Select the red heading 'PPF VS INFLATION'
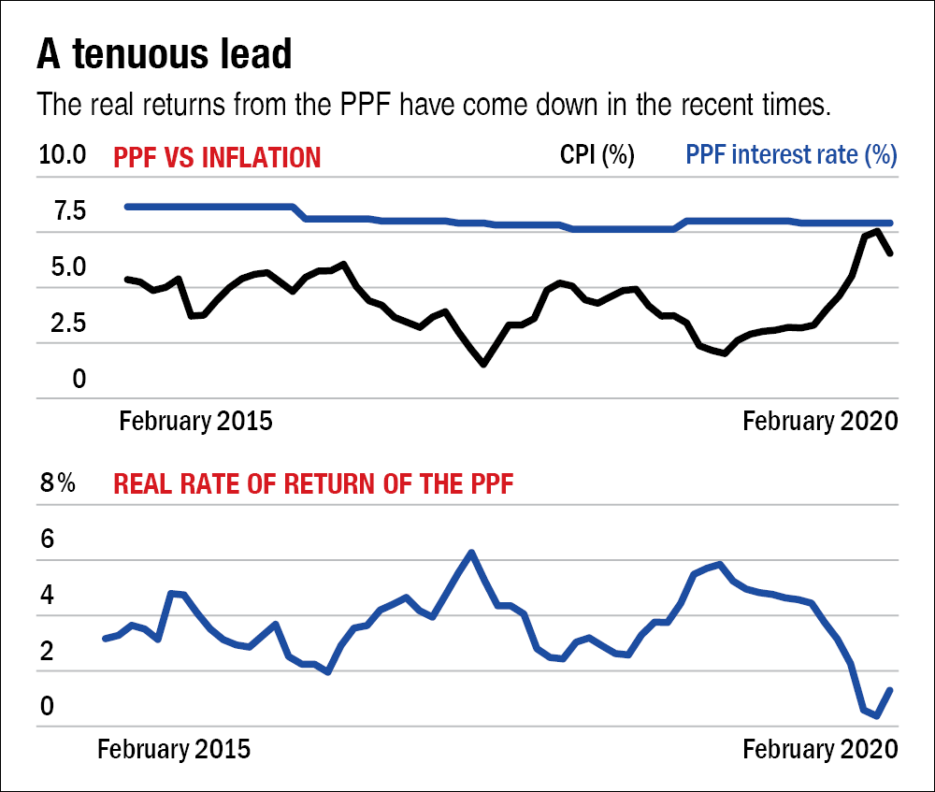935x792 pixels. [217, 156]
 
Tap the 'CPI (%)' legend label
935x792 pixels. [597, 155]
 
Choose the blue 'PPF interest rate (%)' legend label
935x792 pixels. [792, 155]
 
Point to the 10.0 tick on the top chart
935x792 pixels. [63, 155]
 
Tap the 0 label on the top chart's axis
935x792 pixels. [79, 380]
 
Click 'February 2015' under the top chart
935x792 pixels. [195, 421]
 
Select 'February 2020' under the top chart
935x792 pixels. [820, 421]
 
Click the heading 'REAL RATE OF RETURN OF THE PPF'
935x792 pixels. [313, 484]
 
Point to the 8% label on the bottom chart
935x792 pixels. [56, 484]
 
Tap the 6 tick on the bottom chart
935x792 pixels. [47, 540]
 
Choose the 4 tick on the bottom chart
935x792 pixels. [47, 596]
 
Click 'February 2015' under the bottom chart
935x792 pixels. [174, 749]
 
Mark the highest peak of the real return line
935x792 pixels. [471, 553]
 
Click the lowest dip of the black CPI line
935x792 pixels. [483, 364]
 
